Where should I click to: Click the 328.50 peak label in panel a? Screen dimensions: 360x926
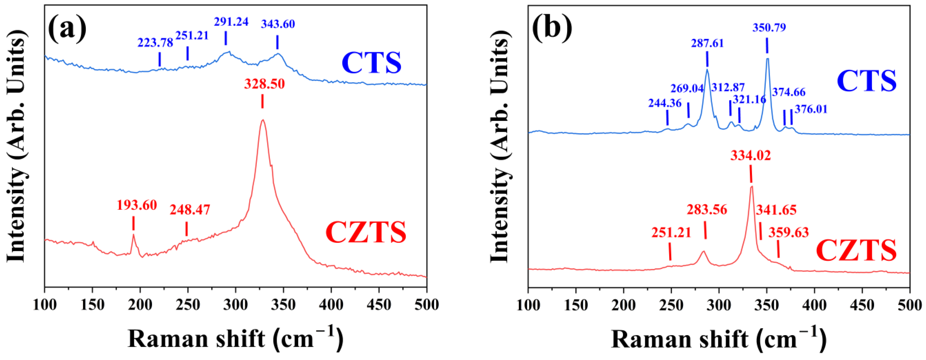(264, 84)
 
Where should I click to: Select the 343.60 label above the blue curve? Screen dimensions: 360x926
(278, 24)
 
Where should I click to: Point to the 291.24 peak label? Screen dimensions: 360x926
(231, 22)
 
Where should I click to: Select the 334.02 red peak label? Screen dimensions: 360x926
(751, 156)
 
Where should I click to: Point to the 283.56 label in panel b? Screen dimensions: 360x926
(707, 209)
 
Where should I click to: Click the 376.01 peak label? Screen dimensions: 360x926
(811, 109)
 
